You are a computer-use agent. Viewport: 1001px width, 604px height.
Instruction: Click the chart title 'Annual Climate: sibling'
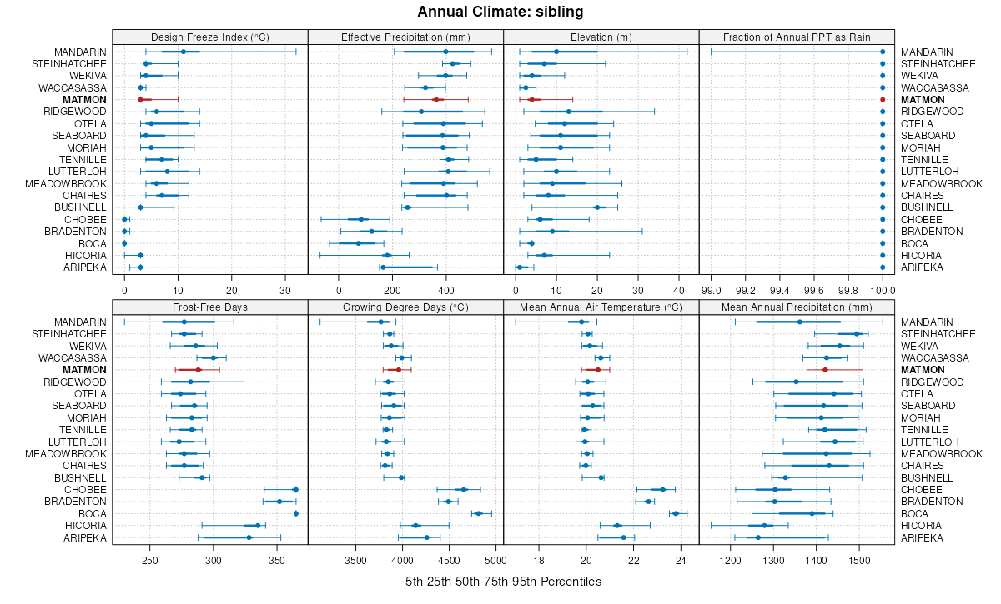500,12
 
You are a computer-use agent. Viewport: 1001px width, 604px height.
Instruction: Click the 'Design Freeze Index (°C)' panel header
209,37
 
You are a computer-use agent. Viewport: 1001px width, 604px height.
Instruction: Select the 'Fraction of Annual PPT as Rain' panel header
796,37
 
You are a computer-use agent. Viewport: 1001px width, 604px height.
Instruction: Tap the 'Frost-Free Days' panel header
209,307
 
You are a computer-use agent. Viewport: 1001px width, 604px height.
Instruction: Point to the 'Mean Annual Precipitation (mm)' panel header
796,307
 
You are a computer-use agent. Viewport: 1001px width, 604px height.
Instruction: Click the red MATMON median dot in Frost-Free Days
199,370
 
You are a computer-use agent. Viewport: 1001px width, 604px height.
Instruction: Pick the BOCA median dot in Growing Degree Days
478,514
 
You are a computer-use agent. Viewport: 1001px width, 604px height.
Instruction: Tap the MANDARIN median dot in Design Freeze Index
184,52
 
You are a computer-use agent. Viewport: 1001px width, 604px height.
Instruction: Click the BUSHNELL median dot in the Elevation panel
597,207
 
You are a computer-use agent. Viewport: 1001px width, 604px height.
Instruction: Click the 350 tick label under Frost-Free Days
277,560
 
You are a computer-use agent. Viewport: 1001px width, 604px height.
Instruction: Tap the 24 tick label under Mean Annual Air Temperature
681,560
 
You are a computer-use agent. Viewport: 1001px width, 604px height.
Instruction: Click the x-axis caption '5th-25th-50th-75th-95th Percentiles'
503,581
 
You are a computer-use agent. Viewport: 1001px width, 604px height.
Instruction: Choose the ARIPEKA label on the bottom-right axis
922,537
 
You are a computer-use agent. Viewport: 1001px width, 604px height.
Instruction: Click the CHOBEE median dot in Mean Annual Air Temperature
663,490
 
